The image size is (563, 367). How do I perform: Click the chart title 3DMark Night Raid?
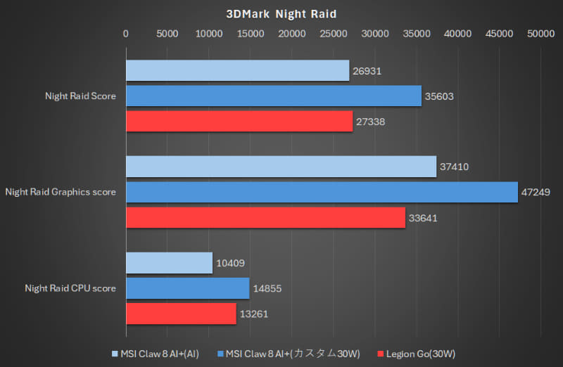point(281,13)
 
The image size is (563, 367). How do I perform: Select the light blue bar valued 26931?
point(237,70)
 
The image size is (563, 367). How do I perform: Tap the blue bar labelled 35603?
point(273,96)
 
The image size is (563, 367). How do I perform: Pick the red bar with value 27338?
point(239,122)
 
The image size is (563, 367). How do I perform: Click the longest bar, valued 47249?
point(322,192)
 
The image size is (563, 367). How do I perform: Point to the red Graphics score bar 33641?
point(265,218)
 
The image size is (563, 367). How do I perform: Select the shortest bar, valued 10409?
point(169,263)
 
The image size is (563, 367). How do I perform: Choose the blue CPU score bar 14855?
point(187,288)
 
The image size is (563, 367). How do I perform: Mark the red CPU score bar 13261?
point(181,314)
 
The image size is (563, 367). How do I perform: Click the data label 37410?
point(455,167)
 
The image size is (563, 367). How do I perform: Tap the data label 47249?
point(537,192)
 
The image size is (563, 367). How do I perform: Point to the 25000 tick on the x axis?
point(334,33)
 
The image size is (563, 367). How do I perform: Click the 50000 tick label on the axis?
point(541,33)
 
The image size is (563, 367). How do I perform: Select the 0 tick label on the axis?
point(126,33)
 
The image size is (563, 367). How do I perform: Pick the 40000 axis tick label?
point(458,33)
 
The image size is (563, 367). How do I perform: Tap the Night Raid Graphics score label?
point(61,192)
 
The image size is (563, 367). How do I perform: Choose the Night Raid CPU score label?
point(70,288)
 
